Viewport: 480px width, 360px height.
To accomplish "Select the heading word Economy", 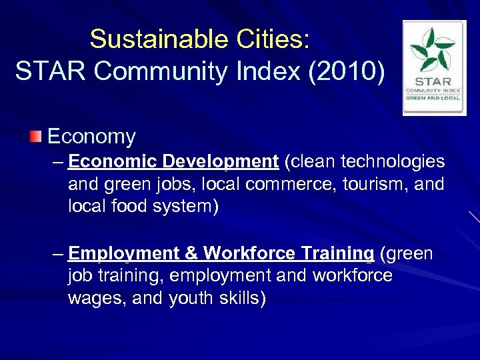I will click(91, 137).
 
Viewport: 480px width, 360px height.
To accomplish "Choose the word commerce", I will click(280, 184).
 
